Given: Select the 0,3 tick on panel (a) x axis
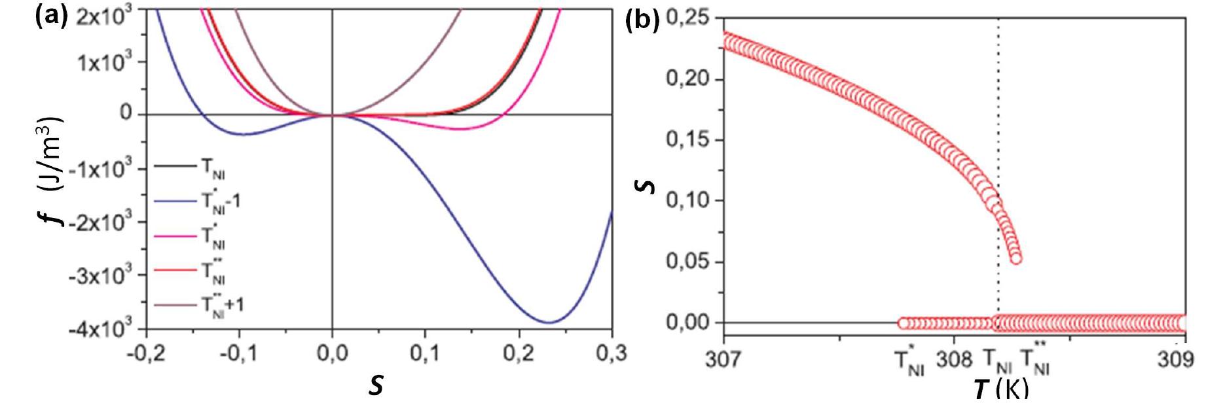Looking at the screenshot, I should [x=611, y=354].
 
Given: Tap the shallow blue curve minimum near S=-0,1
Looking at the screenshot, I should [x=242, y=134].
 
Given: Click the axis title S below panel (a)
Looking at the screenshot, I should [x=376, y=385].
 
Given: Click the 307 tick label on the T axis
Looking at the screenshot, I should [x=722, y=360].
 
